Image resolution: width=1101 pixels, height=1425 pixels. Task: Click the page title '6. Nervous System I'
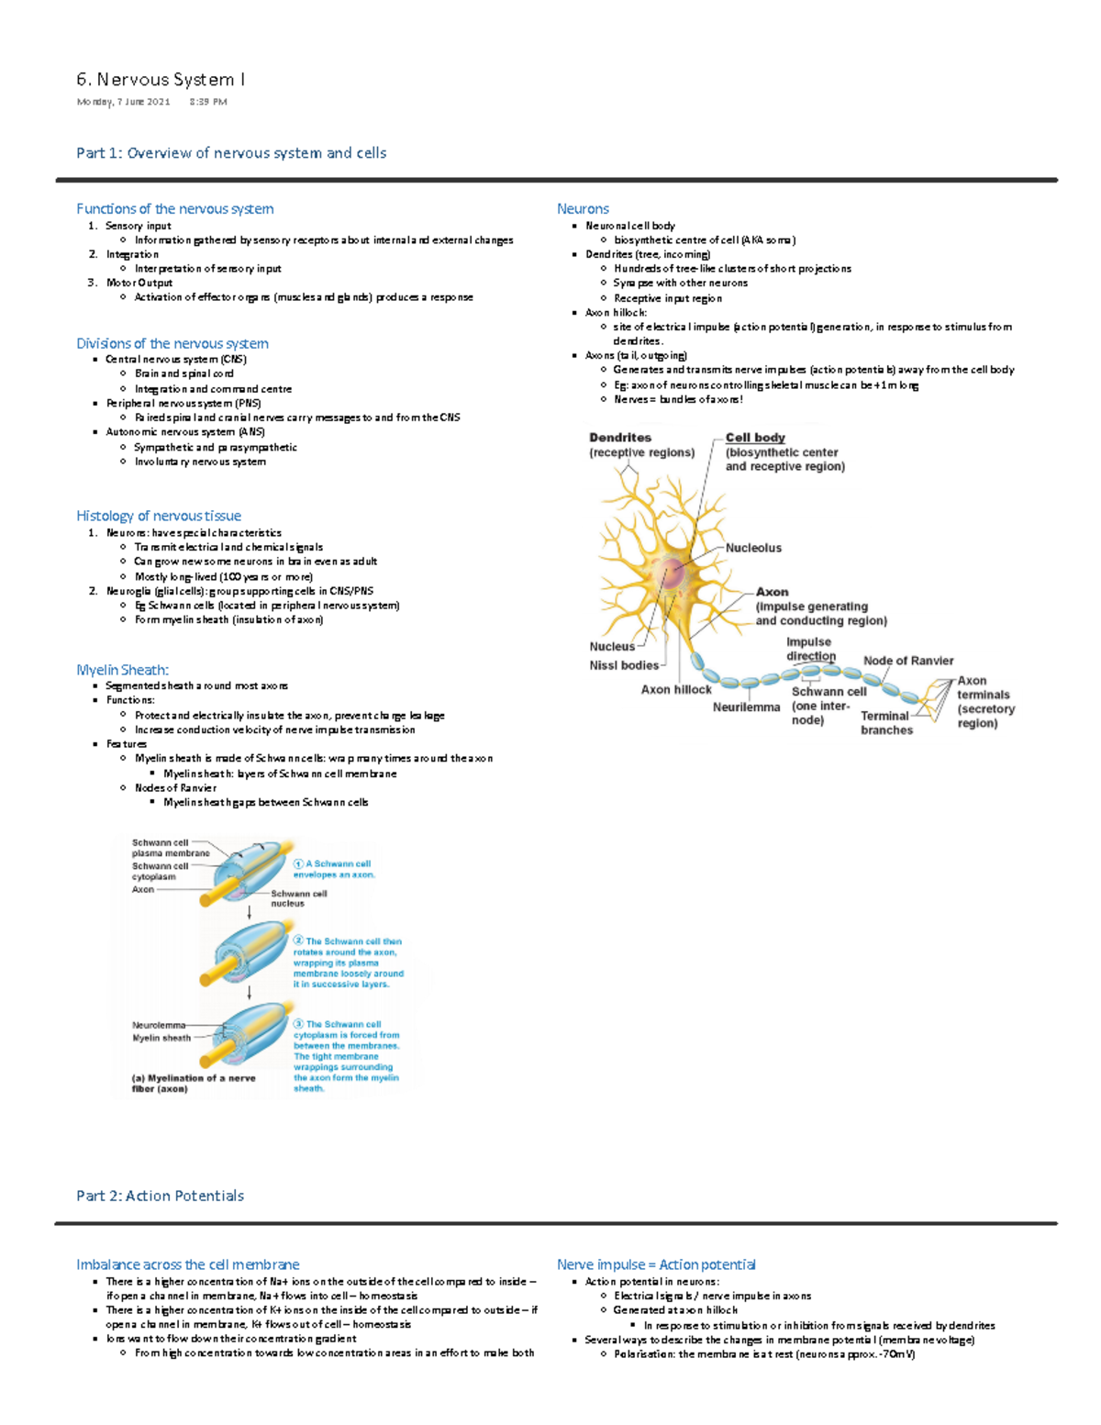pyautogui.click(x=161, y=80)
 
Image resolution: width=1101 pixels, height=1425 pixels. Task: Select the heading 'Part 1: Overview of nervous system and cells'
pyautogui.click(x=231, y=153)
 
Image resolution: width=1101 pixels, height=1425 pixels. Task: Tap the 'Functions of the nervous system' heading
pyautogui.click(x=174, y=209)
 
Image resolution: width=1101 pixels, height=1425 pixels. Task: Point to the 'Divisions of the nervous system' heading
pyautogui.click(x=172, y=343)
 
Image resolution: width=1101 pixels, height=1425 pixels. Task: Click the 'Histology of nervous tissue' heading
pyautogui.click(x=159, y=516)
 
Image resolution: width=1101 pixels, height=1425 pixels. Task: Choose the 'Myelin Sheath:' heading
pyautogui.click(x=122, y=670)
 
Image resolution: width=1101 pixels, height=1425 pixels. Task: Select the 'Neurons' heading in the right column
pyautogui.click(x=583, y=209)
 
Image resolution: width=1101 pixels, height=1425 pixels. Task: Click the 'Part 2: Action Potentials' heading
pyautogui.click(x=160, y=1196)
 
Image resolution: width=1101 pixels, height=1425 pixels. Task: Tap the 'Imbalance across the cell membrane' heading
pyautogui.click(x=187, y=1264)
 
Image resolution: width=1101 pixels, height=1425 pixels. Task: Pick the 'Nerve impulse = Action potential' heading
pyautogui.click(x=656, y=1264)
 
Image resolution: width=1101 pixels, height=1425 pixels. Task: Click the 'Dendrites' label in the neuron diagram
pyautogui.click(x=620, y=439)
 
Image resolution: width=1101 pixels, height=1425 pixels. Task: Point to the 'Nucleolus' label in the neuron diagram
pyautogui.click(x=753, y=548)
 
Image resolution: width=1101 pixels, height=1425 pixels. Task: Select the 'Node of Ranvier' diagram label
pyautogui.click(x=907, y=661)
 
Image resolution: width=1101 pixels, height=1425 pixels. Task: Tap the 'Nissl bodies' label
pyautogui.click(x=624, y=665)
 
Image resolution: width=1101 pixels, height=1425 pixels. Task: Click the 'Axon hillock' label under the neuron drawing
pyautogui.click(x=676, y=690)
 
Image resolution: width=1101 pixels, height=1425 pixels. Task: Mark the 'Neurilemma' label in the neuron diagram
pyautogui.click(x=746, y=707)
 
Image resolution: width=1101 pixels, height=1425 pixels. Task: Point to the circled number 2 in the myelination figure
pyautogui.click(x=298, y=941)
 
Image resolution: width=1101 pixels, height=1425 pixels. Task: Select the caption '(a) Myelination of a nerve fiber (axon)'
pyautogui.click(x=194, y=1084)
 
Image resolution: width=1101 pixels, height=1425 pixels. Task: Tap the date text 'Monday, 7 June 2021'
pyautogui.click(x=123, y=102)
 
